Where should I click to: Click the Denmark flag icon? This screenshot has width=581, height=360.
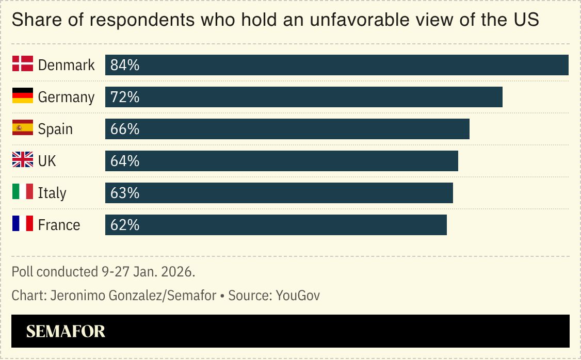click(23, 64)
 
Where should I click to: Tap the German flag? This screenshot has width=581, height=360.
click(23, 96)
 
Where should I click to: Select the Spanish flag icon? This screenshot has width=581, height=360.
click(23, 128)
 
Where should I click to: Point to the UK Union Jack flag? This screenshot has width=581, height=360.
click(23, 160)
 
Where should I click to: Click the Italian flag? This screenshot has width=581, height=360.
click(23, 192)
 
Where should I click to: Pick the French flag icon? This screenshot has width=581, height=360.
click(23, 224)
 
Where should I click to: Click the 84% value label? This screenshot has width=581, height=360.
click(125, 65)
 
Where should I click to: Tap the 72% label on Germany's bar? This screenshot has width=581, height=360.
click(125, 97)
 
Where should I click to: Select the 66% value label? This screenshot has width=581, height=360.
click(125, 129)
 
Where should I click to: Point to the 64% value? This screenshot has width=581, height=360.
click(125, 161)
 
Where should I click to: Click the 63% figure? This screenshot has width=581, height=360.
click(125, 193)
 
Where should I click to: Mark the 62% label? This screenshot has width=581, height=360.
click(125, 225)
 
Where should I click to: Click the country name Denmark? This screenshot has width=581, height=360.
click(67, 65)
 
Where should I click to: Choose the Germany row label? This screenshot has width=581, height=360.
click(66, 97)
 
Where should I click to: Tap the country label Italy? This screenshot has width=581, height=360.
click(52, 193)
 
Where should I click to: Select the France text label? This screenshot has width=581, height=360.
click(59, 225)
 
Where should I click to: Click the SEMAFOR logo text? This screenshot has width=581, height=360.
click(66, 331)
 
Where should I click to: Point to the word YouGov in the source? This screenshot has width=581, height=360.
click(298, 296)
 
